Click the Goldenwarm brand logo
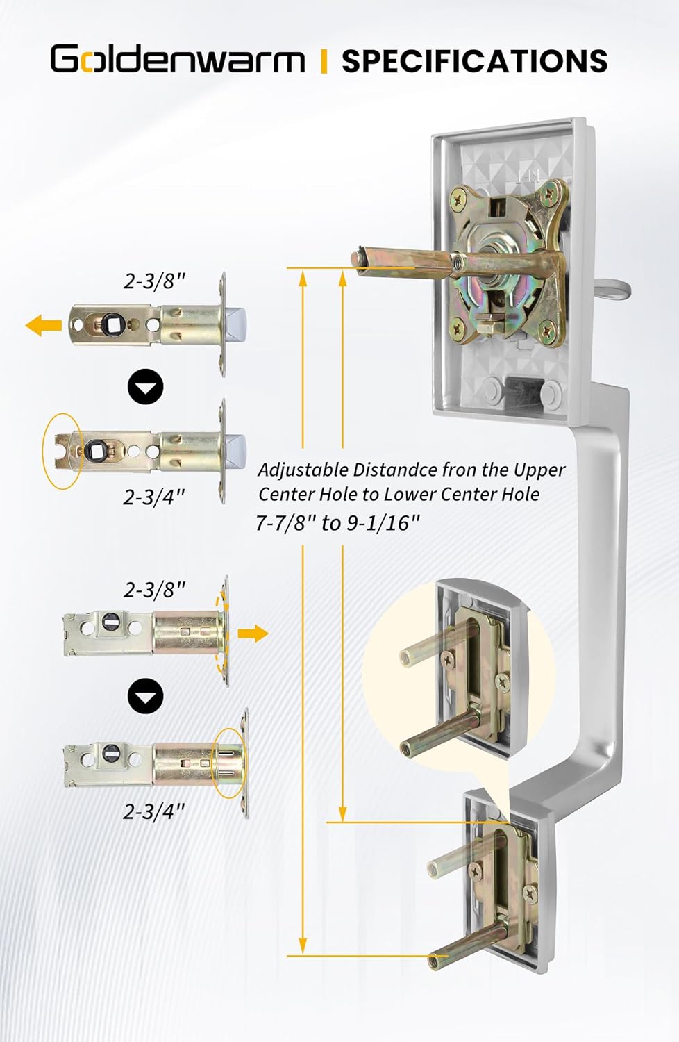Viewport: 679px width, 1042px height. pyautogui.click(x=177, y=60)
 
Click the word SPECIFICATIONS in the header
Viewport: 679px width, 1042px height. pyautogui.click(x=474, y=61)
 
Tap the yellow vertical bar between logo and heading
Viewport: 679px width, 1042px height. pyautogui.click(x=324, y=61)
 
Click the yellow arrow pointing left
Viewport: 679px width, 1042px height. pyautogui.click(x=44, y=324)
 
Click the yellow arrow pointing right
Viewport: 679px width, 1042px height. pyautogui.click(x=253, y=633)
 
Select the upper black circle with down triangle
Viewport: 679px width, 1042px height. pyautogui.click(x=146, y=388)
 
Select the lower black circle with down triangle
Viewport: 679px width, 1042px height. pyautogui.click(x=146, y=696)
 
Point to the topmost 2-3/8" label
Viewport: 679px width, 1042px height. pyautogui.click(x=155, y=281)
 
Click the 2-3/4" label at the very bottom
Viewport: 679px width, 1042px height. pyautogui.click(x=154, y=811)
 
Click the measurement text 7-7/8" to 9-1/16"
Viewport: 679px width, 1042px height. pyautogui.click(x=338, y=522)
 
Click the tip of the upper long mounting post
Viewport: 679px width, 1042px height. pyautogui.click(x=358, y=256)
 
